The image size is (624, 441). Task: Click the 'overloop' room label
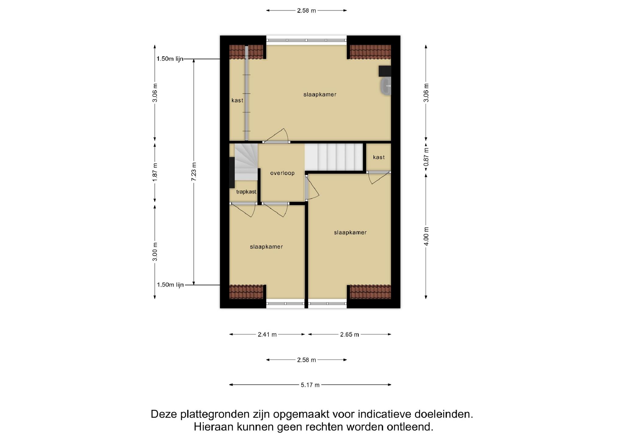pos(282,173)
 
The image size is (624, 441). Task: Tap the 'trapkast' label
pos(246,192)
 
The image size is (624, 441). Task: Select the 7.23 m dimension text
pos(194,172)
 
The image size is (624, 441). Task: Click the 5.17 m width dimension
pos(310,385)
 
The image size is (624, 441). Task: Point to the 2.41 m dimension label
pos(267,334)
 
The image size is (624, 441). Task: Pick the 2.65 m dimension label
pos(349,334)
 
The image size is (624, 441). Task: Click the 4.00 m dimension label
pos(426,236)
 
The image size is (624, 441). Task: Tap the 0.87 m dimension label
pos(426,157)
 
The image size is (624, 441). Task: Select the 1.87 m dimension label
pos(155,172)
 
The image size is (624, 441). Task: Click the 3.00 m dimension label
pos(155,252)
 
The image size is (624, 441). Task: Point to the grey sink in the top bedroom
pos(386,86)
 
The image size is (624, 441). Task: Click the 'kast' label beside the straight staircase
pos(379,157)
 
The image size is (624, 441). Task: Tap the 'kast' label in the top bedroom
pos(237,100)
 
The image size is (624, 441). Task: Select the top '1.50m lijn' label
pos(170,59)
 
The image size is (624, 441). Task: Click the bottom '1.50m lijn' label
pos(170,285)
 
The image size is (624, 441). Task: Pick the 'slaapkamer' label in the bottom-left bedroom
pos(266,247)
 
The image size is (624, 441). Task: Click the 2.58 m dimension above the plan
pos(307,11)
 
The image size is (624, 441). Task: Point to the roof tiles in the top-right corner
pos(370,52)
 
